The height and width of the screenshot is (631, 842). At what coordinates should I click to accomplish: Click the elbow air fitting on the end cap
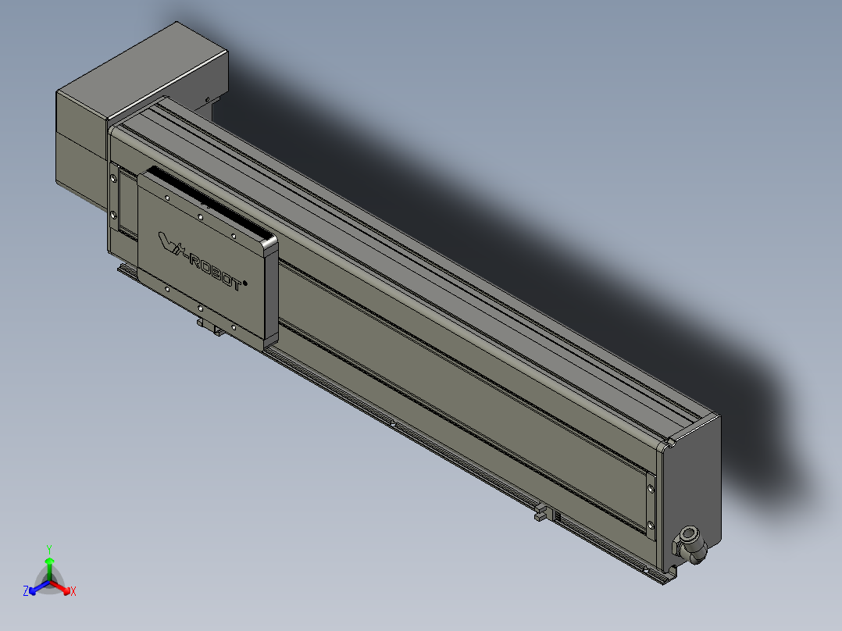690,542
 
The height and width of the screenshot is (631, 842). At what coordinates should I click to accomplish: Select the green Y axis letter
48,549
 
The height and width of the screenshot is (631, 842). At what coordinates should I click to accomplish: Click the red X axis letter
73,592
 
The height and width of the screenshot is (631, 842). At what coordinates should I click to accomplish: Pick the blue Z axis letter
26,592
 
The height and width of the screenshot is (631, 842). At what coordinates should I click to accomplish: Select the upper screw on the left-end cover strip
115,179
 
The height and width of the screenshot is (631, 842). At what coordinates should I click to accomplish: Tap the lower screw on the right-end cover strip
651,523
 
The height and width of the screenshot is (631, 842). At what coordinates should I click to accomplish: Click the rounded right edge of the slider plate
270,293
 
